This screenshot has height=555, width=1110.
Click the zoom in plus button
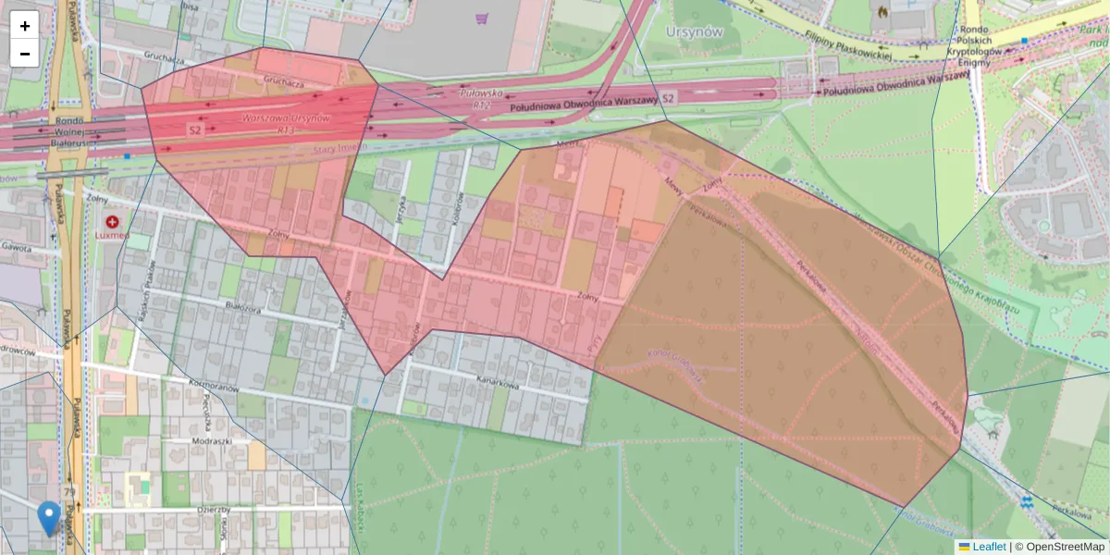[x=25, y=26]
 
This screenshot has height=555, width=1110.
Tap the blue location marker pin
[x=49, y=518]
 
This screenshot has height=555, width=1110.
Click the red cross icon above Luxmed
[x=113, y=223]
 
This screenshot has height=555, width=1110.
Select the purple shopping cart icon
[x=481, y=18]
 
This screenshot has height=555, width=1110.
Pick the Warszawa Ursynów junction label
[x=286, y=118]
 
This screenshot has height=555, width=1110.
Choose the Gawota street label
[x=17, y=248]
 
